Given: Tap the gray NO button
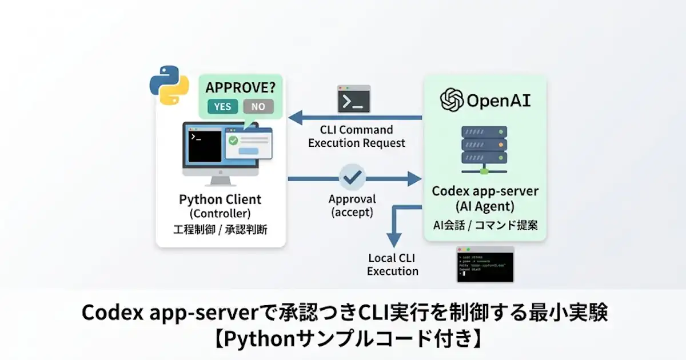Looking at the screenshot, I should [x=258, y=106].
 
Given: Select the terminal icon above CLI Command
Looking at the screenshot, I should [x=354, y=99].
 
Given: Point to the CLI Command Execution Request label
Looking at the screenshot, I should [x=357, y=137].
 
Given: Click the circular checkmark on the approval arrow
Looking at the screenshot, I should [x=353, y=178].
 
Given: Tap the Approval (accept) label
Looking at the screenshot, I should [x=352, y=206].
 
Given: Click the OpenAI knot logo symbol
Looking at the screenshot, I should [x=451, y=101].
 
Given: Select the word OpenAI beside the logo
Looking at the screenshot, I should [x=498, y=102].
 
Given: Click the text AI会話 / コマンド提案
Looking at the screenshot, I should [x=485, y=225].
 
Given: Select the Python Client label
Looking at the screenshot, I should [x=220, y=199].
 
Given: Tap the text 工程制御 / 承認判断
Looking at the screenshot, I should [x=220, y=230].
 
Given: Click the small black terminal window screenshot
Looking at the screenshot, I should [x=485, y=264].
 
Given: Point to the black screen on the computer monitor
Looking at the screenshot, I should [x=205, y=146].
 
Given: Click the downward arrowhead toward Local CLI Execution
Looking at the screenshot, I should [x=392, y=239].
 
